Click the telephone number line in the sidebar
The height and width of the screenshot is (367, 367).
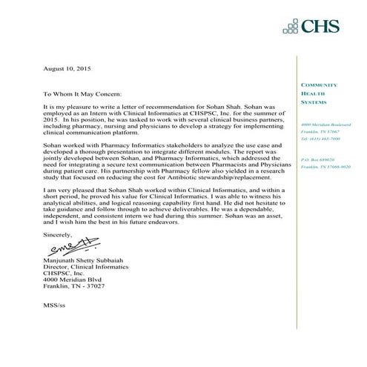pos(320,139)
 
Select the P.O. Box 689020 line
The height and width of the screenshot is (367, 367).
pos(318,160)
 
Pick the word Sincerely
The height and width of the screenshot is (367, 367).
pos(58,233)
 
